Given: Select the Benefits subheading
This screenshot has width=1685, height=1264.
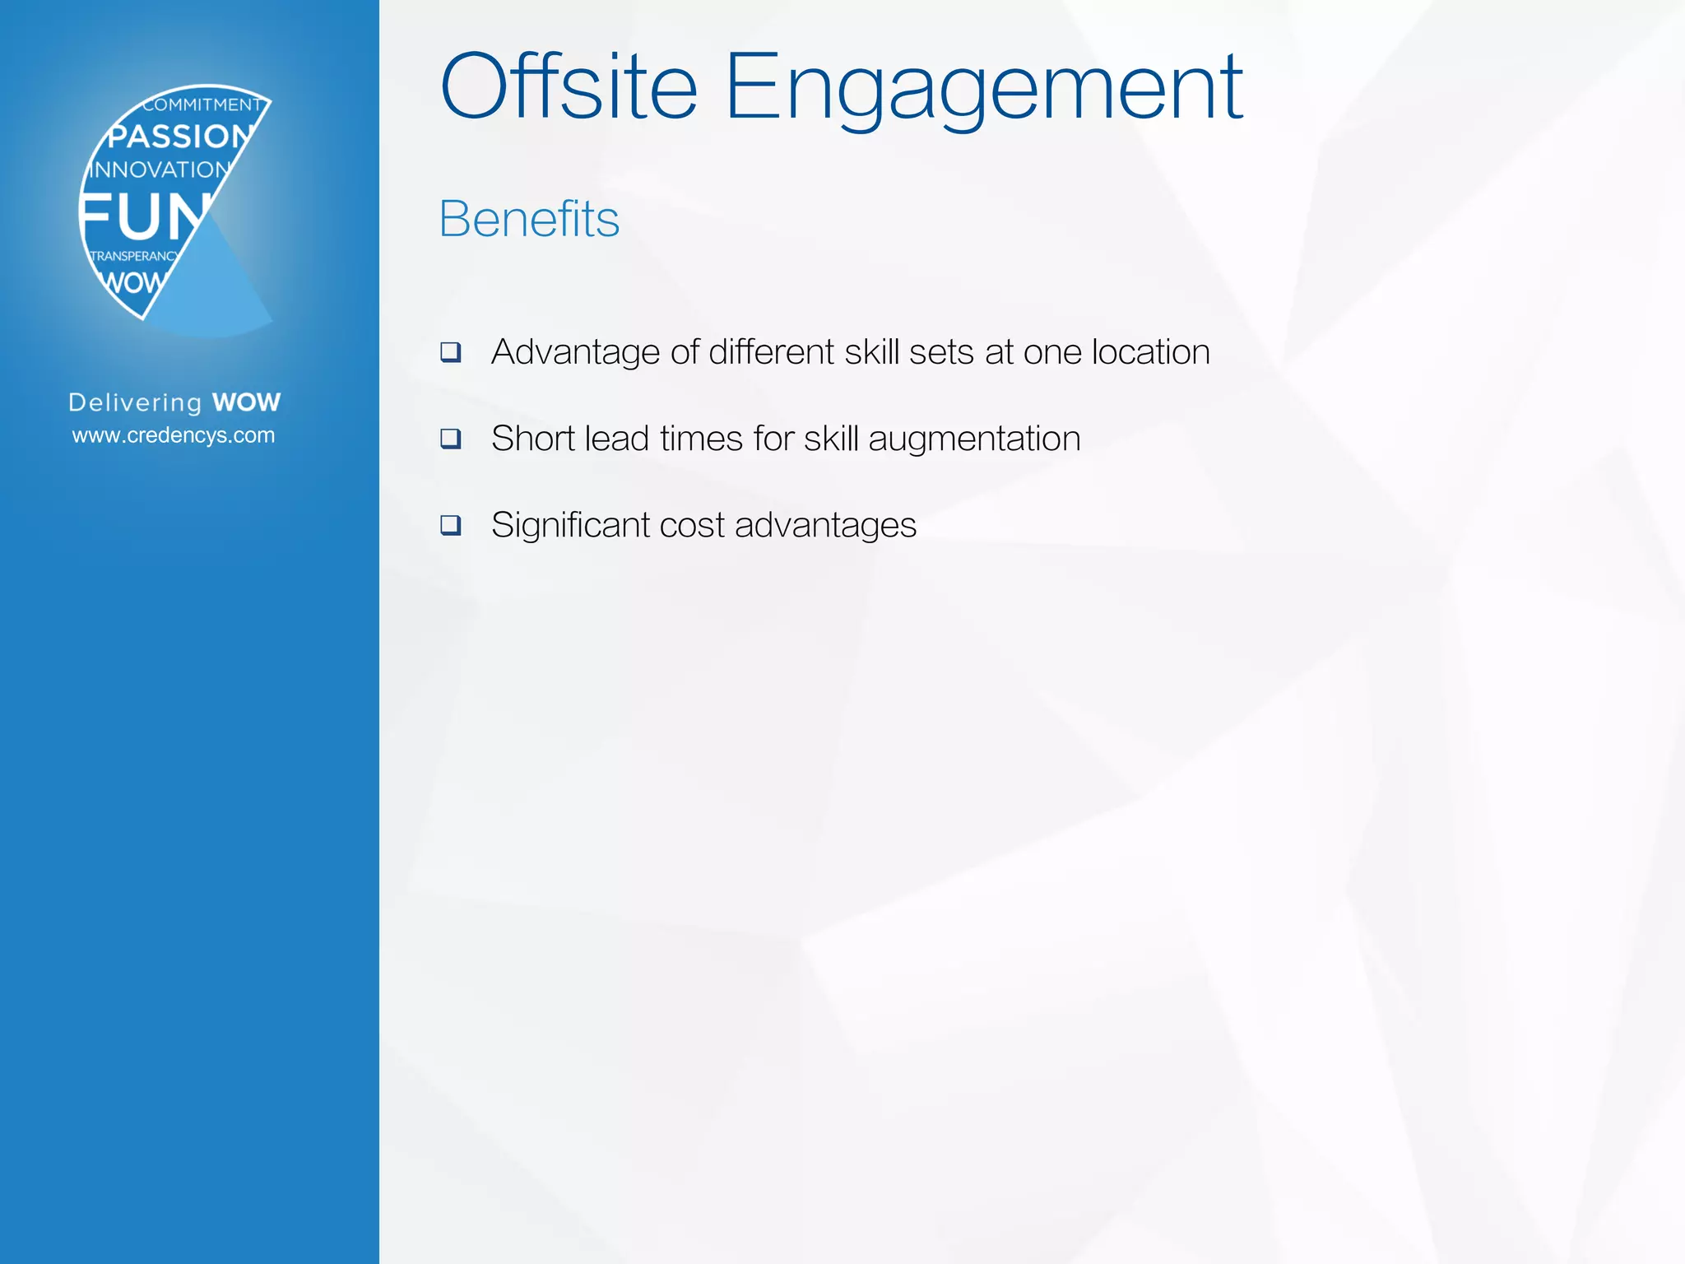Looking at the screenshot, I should pos(529,219).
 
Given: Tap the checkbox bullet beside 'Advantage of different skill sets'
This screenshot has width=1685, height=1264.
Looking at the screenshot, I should pos(451,352).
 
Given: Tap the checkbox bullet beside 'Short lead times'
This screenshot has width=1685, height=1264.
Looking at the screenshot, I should pos(451,439).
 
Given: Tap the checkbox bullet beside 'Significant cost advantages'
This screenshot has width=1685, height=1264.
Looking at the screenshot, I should pos(451,525).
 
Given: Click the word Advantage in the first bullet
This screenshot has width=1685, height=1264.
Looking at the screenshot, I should pos(575,353).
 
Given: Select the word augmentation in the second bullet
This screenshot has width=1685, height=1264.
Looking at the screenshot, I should pos(974,439).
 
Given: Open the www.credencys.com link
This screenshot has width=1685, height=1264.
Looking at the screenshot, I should pos(174,435).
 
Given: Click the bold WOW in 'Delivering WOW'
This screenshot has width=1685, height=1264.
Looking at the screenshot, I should pos(246,402).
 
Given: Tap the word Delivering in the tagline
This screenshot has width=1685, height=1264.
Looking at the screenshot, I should pos(135,402).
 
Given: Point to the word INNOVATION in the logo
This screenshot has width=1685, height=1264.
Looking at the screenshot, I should pos(160,170).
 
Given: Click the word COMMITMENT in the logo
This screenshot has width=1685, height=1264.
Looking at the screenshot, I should pos(202,105).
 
